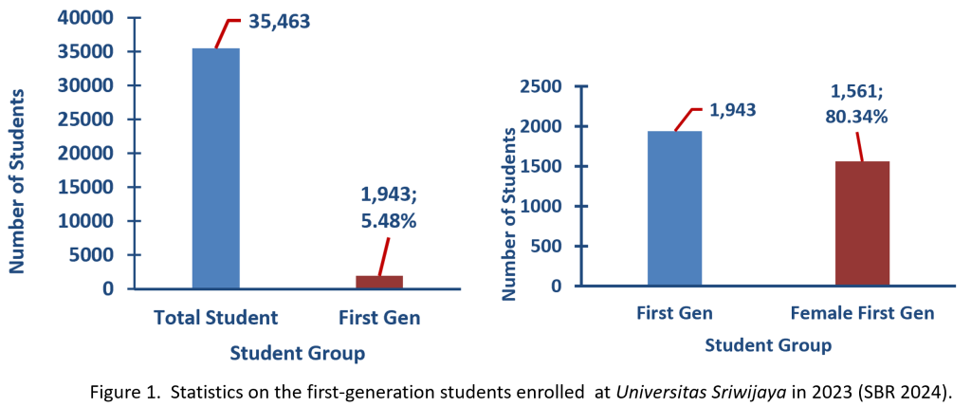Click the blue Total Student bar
(215, 168)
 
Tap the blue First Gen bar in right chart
(674, 208)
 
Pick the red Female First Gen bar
(862, 223)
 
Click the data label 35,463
(280, 20)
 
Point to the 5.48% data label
(389, 221)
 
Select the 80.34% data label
(859, 118)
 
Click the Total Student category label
(216, 318)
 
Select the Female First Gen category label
(862, 313)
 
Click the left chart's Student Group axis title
(297, 354)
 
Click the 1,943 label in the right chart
(734, 112)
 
